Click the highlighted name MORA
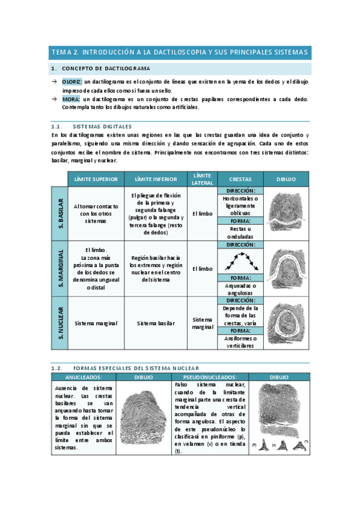click(71, 99)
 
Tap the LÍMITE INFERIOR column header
click(155, 179)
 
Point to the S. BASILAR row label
click(59, 213)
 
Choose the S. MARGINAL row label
click(59, 268)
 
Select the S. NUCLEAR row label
click(59, 323)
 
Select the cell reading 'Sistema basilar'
click(155, 323)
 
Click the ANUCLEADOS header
click(83, 377)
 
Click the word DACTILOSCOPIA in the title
click(177, 52)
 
